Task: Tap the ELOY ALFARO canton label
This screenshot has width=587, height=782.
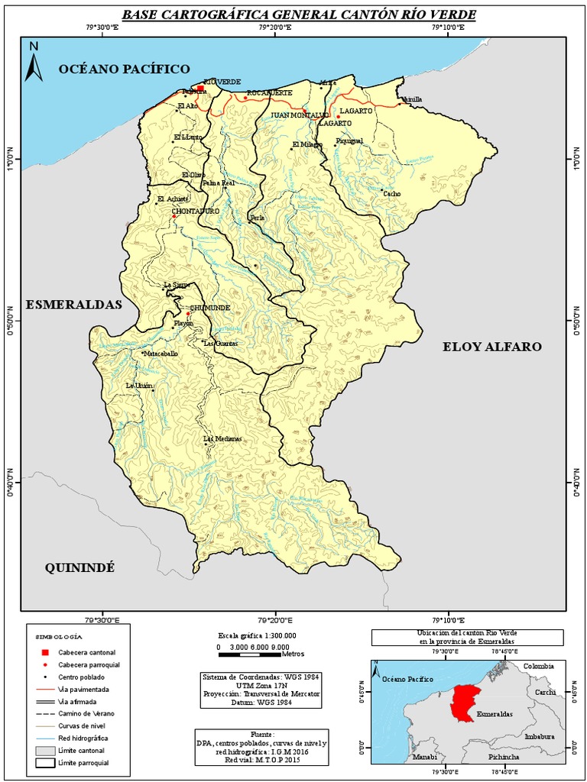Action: tap(492, 347)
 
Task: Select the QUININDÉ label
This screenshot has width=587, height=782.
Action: tap(79, 567)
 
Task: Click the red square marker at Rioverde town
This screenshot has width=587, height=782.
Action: tap(200, 89)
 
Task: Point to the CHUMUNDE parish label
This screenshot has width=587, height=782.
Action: tap(209, 308)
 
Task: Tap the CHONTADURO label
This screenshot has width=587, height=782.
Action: tap(196, 210)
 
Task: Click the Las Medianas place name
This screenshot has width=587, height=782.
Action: tap(222, 439)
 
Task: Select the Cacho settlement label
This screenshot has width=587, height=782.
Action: tap(391, 194)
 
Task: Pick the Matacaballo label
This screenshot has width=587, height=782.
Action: tap(161, 354)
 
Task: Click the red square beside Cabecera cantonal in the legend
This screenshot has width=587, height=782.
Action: tap(45, 652)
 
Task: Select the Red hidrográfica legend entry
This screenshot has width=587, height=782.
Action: tap(83, 738)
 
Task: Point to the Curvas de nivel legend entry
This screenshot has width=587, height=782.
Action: tap(82, 725)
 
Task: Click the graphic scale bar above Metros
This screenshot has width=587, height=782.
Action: tap(250, 647)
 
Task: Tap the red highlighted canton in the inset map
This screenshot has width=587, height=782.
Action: tap(464, 701)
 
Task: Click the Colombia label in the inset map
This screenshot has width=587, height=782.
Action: tap(539, 666)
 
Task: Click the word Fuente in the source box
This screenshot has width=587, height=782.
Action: tap(261, 733)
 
